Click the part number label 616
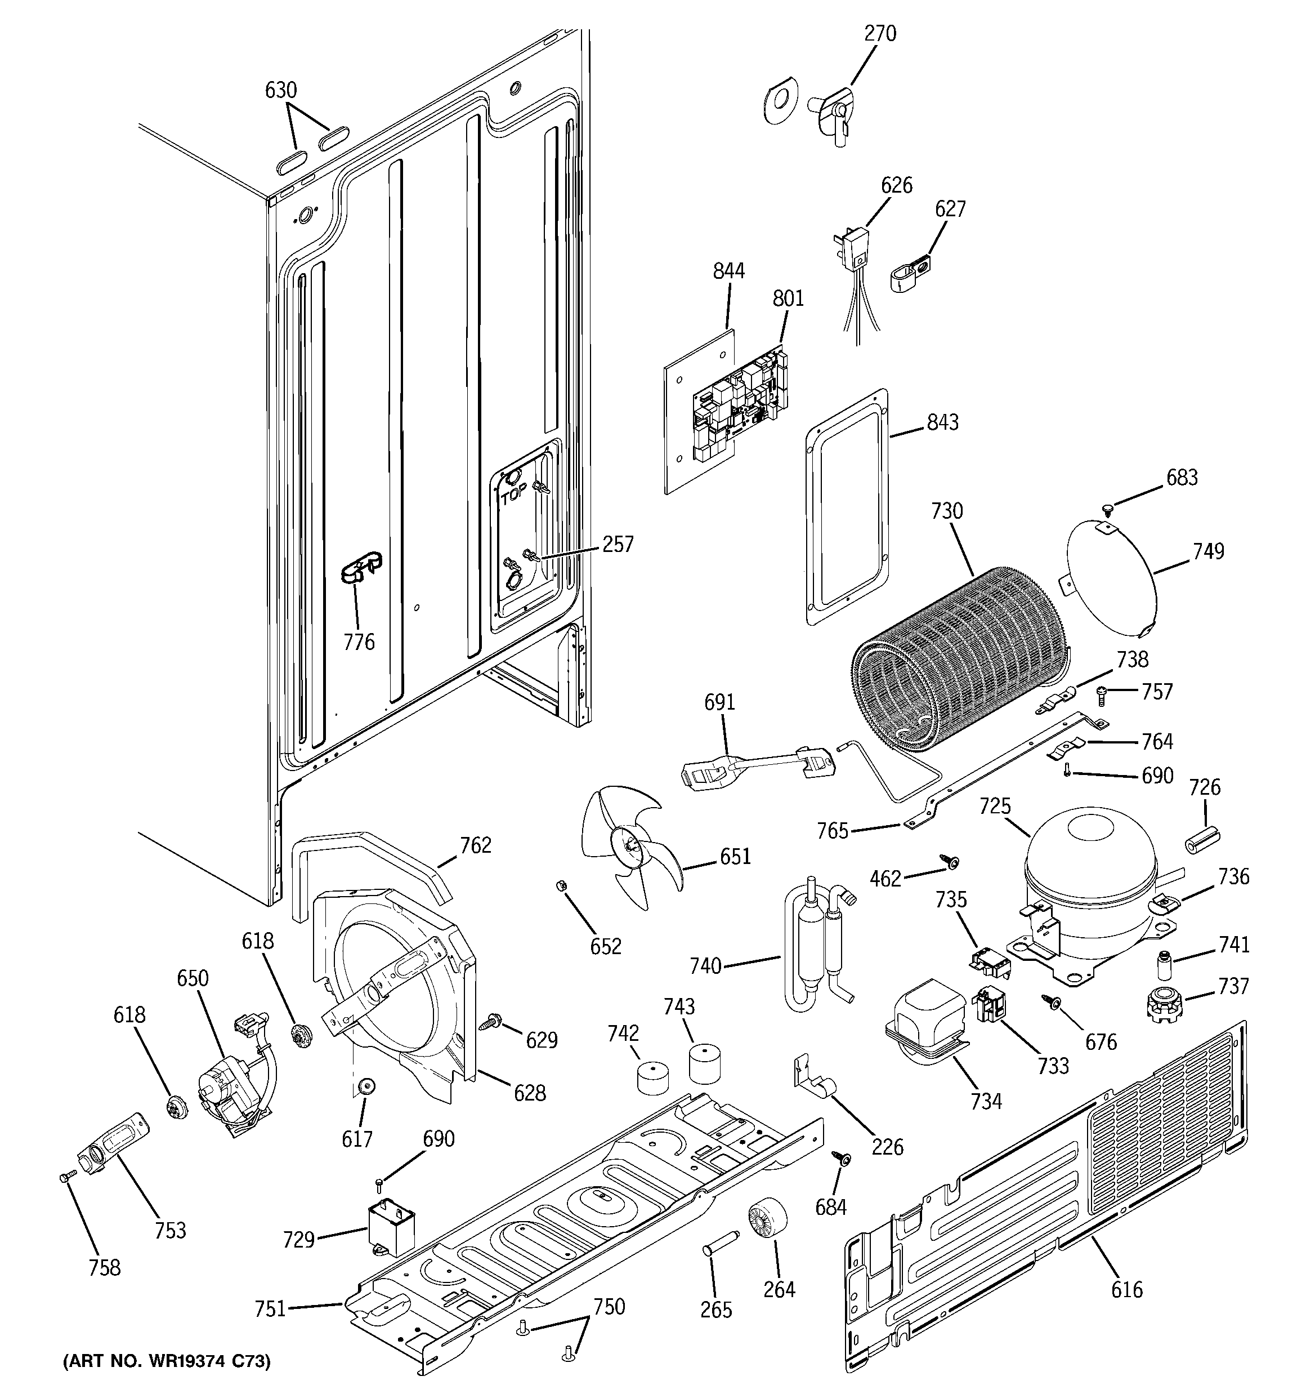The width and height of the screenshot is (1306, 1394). pyautogui.click(x=1126, y=1289)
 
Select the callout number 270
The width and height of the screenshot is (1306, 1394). pyautogui.click(x=880, y=33)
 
